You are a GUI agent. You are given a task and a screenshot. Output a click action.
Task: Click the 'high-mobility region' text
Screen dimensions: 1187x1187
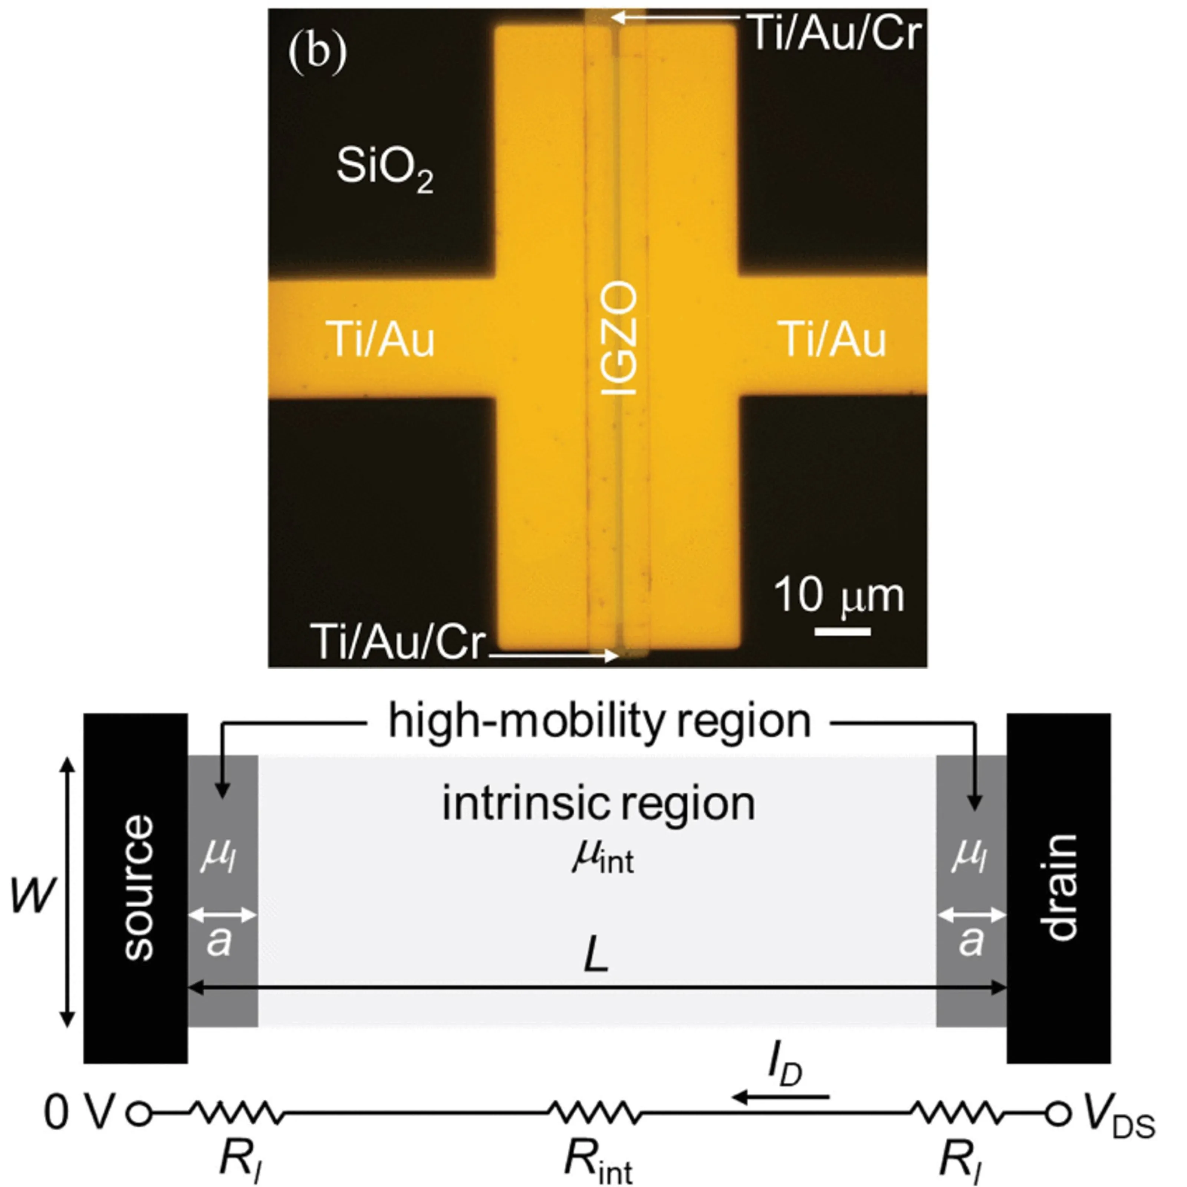point(600,721)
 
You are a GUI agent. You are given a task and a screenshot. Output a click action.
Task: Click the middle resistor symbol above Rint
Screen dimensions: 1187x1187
point(593,1112)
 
